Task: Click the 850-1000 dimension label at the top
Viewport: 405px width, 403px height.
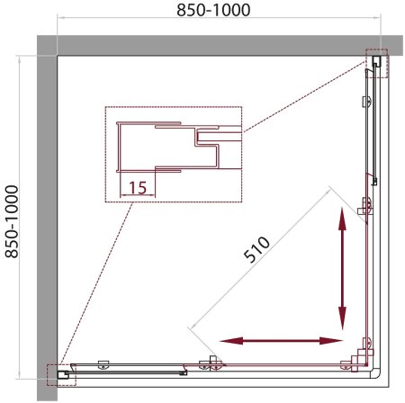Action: tap(213, 10)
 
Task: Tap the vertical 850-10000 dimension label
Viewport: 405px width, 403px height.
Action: tap(12, 221)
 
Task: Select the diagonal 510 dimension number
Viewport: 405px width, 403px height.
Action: tap(256, 249)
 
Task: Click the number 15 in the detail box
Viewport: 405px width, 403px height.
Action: tap(138, 187)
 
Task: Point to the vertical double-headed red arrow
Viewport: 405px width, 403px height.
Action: tap(342, 268)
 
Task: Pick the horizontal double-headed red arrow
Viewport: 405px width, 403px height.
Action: tap(281, 341)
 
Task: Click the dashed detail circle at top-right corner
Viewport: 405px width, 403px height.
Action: tap(377, 63)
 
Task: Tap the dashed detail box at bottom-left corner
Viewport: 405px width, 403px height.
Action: tap(62, 375)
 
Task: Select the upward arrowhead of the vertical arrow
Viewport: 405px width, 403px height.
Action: tap(342, 218)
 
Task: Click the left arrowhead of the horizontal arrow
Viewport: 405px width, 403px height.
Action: tap(231, 341)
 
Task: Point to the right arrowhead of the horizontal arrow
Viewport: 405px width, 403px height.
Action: tap(331, 341)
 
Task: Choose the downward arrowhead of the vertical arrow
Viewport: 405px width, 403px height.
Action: tap(342, 318)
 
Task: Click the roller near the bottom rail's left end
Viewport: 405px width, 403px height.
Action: tap(103, 364)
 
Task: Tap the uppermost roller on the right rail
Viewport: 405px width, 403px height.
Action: tap(367, 101)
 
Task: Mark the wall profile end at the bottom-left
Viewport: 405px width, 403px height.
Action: tap(63, 374)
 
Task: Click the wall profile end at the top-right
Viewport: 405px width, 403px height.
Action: tap(376, 61)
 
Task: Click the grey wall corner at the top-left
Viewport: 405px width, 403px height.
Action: tap(47, 46)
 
